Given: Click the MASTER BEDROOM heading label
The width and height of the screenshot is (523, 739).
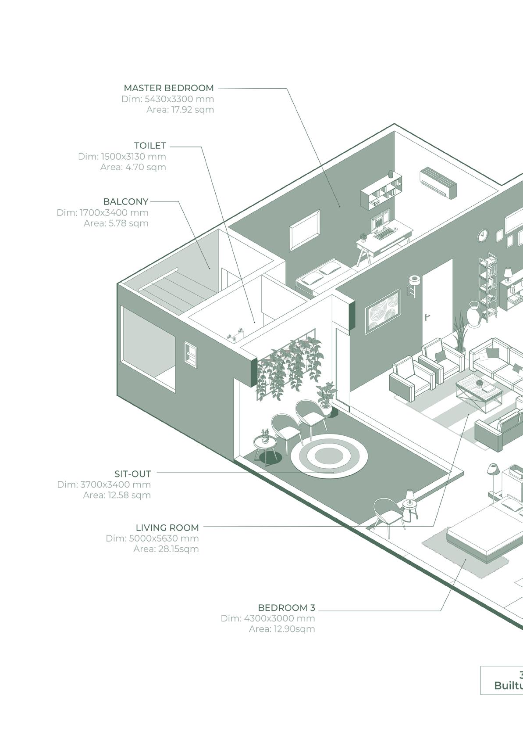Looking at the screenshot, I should [x=169, y=88].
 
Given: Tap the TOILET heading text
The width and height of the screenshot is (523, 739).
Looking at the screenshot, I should [x=150, y=145].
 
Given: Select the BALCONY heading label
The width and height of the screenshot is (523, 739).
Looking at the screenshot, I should [x=126, y=201].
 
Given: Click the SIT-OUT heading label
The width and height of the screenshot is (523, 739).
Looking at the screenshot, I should [x=133, y=474].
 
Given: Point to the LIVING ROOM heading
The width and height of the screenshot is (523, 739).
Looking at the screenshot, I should [x=167, y=527].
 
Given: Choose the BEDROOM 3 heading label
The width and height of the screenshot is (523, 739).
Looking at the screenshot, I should [x=286, y=608].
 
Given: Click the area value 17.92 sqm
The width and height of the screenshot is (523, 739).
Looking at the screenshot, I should [x=180, y=110].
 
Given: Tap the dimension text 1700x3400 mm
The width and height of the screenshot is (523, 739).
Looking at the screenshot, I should [x=114, y=213].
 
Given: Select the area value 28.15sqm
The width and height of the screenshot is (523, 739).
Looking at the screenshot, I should [x=166, y=549].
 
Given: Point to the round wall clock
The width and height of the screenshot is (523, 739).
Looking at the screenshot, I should [x=483, y=235].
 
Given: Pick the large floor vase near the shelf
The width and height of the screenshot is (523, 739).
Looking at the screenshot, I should [x=475, y=314].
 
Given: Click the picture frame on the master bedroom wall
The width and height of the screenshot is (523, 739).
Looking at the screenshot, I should [x=305, y=230].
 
